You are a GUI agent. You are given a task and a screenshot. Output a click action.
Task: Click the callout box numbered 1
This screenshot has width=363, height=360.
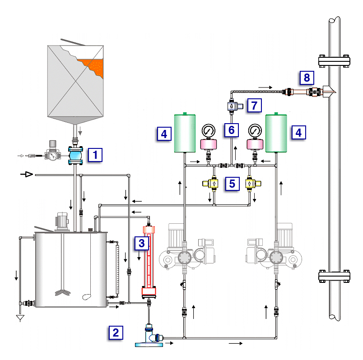(95, 155)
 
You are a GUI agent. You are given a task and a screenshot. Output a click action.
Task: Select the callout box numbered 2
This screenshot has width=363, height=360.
(116, 333)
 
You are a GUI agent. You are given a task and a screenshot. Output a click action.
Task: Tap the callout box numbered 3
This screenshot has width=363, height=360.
(141, 244)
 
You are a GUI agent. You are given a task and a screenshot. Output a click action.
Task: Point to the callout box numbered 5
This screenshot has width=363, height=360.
(232, 184)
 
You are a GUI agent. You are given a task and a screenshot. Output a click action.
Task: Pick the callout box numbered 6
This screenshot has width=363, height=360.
(232, 130)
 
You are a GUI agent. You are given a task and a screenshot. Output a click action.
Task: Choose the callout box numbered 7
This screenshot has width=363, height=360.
(254, 106)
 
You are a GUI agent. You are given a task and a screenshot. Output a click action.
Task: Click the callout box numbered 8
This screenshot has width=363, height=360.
(307, 78)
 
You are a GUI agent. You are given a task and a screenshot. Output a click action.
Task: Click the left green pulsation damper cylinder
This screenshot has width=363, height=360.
(185, 133)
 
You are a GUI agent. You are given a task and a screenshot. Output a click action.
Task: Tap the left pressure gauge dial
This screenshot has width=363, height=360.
(209, 131)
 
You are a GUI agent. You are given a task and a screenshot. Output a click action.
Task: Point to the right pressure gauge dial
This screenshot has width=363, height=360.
(255, 131)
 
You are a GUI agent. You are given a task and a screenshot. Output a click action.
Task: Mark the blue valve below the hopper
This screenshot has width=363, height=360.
(75, 156)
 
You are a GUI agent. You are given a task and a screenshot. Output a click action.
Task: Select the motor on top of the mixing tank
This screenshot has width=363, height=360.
(61, 222)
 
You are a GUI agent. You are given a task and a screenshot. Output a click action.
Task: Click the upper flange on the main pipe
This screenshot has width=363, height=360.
(334, 60)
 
